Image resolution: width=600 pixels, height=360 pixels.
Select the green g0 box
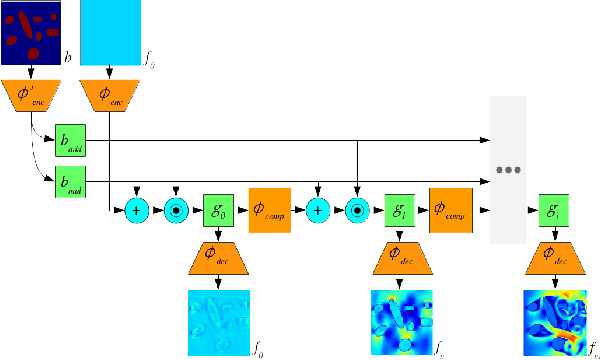pyautogui.click(x=218, y=211)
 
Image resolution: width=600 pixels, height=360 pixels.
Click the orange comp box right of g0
pyautogui.click(x=269, y=211)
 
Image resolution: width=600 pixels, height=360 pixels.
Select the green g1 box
pyautogui.click(x=399, y=211)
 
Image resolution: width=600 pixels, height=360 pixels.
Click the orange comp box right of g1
pyautogui.click(x=450, y=211)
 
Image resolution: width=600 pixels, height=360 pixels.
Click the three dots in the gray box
pyautogui.click(x=512, y=171)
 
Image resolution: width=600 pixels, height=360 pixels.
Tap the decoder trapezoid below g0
pyautogui.click(x=218, y=263)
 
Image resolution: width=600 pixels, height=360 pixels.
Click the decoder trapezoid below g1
pyautogui.click(x=399, y=263)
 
